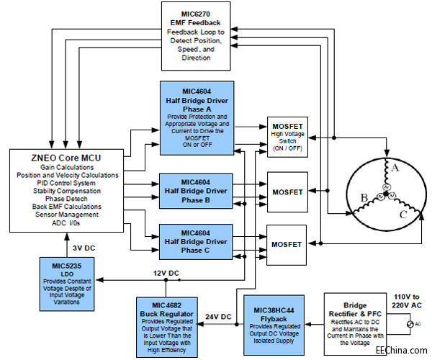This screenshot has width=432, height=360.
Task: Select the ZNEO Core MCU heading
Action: tap(59, 157)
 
